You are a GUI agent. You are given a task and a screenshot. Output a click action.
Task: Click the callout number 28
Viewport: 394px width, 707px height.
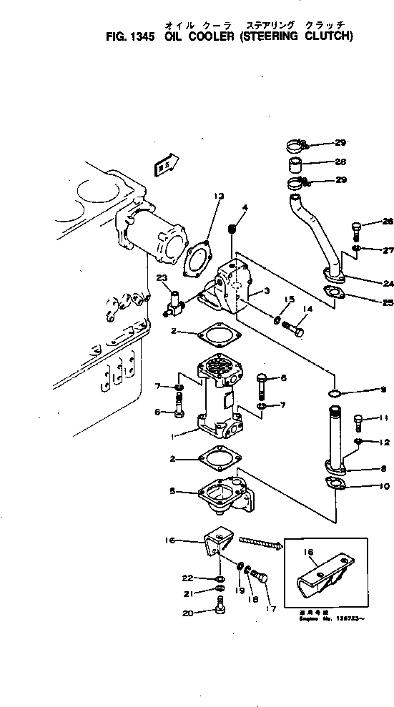[340, 162]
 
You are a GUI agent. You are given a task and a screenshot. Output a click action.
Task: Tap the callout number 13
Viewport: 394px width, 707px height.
[218, 195]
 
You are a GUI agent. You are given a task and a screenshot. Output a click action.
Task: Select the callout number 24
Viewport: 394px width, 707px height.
[368, 282]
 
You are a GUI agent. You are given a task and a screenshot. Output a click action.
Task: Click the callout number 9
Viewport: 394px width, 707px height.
[364, 390]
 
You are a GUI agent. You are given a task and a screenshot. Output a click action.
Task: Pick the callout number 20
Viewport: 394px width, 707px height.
[187, 613]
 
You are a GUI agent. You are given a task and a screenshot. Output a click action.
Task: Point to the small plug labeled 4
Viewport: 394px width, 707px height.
[231, 229]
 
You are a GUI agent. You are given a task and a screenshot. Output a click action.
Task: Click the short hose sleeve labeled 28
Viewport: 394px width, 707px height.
[295, 168]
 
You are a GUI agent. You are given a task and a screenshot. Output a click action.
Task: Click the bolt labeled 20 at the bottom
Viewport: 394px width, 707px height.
[221, 608]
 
